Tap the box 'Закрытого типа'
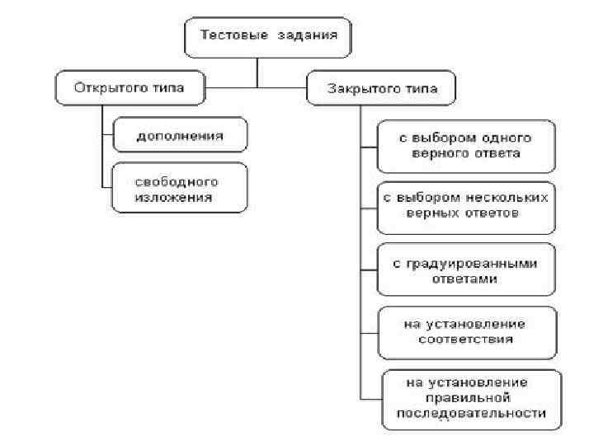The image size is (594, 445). pyautogui.click(x=382, y=88)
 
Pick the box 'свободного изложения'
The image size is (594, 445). pyautogui.click(x=179, y=190)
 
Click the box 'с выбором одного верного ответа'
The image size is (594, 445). pyautogui.click(x=466, y=146)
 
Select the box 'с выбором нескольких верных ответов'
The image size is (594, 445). pyautogui.click(x=466, y=207)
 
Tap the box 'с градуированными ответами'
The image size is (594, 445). pyautogui.click(x=466, y=270)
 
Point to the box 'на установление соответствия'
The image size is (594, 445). pyautogui.click(x=466, y=330)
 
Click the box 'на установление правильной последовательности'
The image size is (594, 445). pyautogui.click(x=471, y=398)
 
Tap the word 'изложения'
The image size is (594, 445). pyautogui.click(x=174, y=198)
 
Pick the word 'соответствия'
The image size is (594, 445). pyautogui.click(x=466, y=339)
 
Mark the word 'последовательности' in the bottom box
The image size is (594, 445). pyautogui.click(x=471, y=413)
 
